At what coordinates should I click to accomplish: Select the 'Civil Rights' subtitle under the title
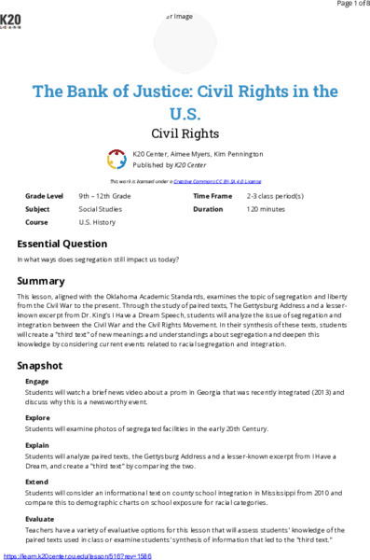tap(185, 133)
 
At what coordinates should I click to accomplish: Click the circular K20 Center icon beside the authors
tap(116, 159)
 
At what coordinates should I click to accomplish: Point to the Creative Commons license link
tap(221, 180)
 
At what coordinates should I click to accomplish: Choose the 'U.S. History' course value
tap(98, 223)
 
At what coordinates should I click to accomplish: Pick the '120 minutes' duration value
tap(269, 210)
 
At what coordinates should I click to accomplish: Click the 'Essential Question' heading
tap(62, 243)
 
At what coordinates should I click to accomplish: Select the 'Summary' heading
tap(41, 281)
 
